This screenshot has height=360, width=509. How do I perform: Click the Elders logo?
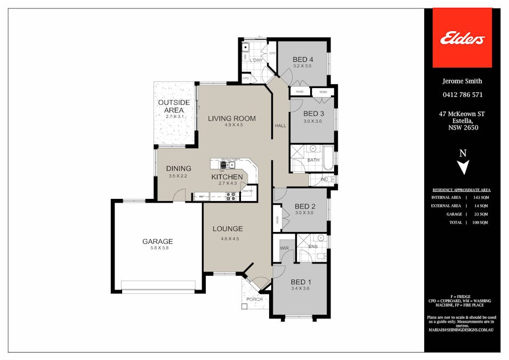462,38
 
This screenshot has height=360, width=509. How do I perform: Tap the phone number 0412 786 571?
462,95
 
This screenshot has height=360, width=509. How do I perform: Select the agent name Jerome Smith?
462,81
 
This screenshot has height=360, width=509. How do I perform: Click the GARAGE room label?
157,241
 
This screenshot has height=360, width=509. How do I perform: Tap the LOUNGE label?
228,229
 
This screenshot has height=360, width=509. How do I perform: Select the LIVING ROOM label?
232,118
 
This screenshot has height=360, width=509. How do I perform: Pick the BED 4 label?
303,59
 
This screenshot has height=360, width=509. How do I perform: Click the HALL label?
280,126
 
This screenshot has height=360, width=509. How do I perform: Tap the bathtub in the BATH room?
328,158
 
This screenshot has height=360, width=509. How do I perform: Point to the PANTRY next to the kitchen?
248,191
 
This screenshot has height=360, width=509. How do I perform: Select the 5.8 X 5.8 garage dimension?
157,248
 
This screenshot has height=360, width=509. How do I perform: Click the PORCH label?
254,299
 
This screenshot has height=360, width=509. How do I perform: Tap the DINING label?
179,169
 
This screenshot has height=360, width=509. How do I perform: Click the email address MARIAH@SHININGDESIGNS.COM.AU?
462,331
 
